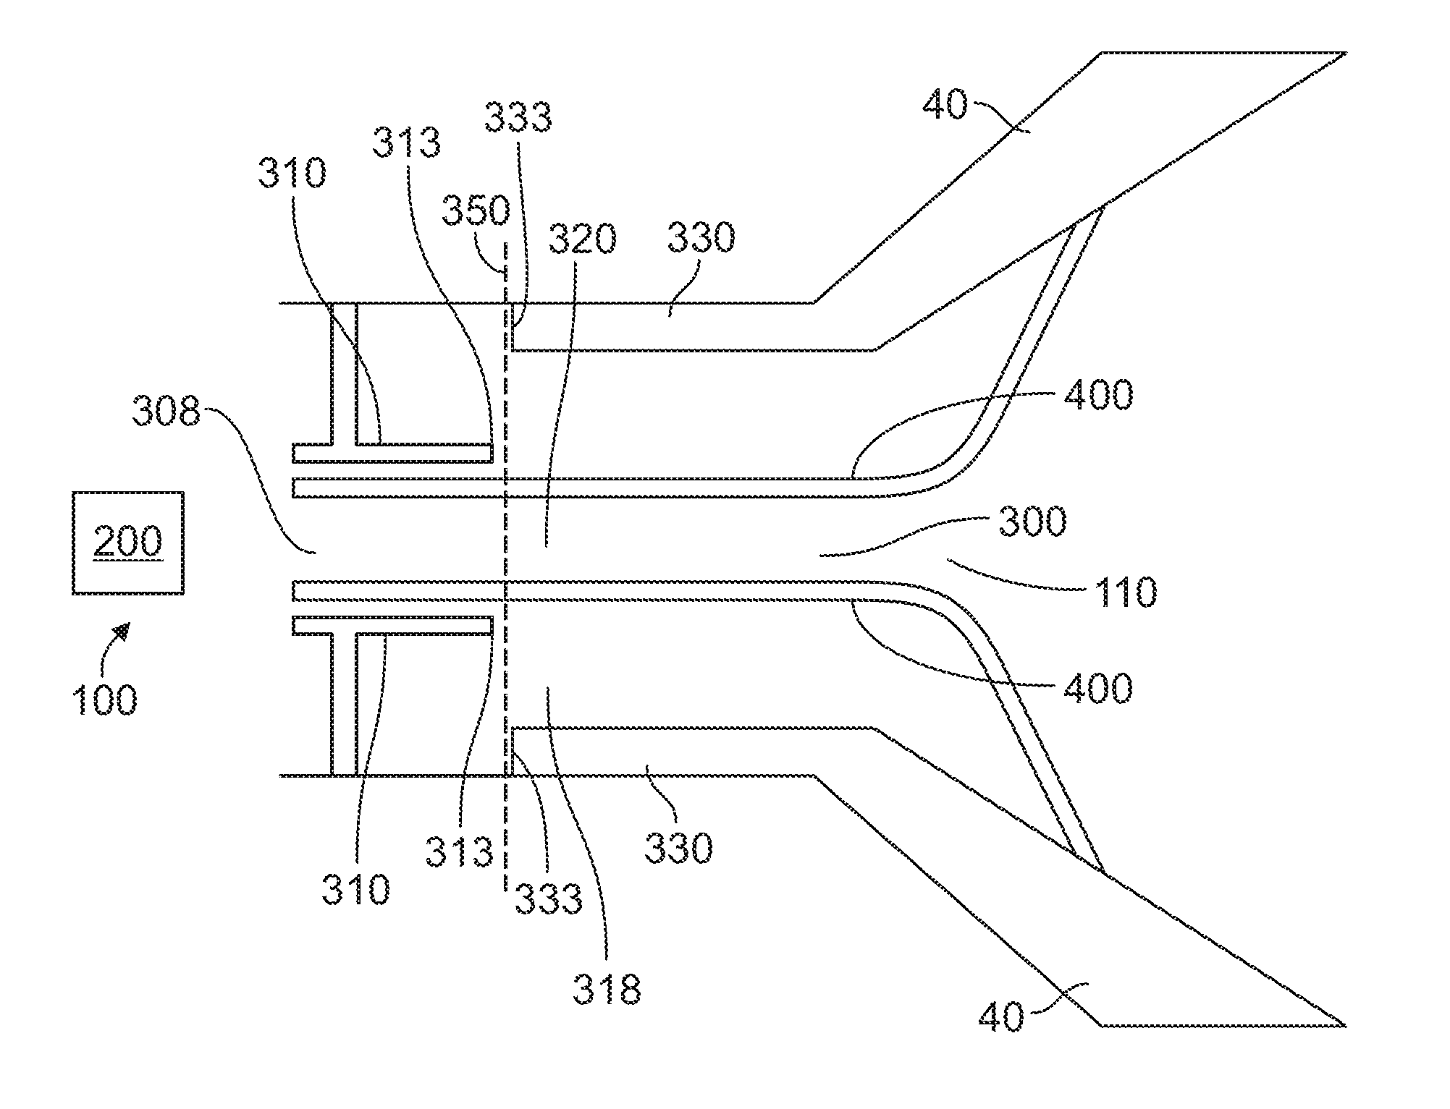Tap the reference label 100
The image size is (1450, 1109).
click(x=104, y=700)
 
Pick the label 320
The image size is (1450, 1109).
click(x=582, y=239)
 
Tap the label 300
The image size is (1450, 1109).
click(x=1032, y=521)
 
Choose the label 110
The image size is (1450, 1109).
click(x=1124, y=592)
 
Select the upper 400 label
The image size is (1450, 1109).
click(x=1098, y=395)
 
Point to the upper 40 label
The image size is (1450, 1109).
click(x=945, y=105)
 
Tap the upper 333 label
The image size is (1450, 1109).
click(x=518, y=117)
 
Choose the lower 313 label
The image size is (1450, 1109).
click(x=459, y=851)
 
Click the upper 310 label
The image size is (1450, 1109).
click(x=292, y=174)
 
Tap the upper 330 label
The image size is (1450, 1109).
click(x=701, y=237)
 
